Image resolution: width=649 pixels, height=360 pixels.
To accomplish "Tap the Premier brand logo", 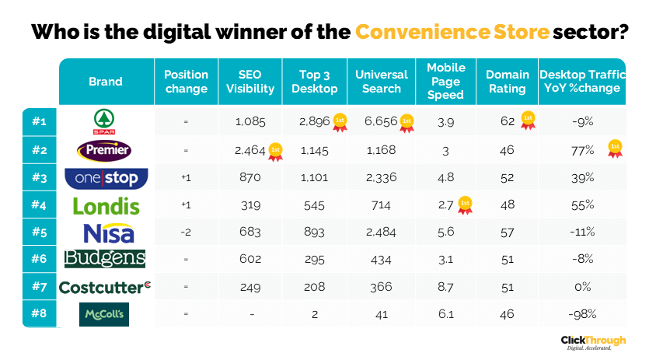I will click(106, 149).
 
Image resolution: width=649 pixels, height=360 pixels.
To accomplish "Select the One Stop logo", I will click(106, 178).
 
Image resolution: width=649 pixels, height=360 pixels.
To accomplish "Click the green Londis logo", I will click(106, 206).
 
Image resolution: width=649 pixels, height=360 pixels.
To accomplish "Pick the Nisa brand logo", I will click(106, 232).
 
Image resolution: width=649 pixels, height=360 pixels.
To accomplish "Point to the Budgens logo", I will click(106, 259).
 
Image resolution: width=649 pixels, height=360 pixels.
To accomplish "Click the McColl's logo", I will click(106, 314).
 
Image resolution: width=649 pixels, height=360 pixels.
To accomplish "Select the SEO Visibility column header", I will click(250, 81).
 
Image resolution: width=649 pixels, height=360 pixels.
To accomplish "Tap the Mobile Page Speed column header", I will click(445, 81).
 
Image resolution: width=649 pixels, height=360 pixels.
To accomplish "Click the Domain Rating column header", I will click(507, 81).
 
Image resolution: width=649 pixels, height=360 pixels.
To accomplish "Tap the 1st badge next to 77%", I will click(615, 148).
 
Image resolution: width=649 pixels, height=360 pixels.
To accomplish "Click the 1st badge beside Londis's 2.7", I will click(465, 205).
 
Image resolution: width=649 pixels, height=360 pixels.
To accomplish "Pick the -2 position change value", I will click(186, 232).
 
